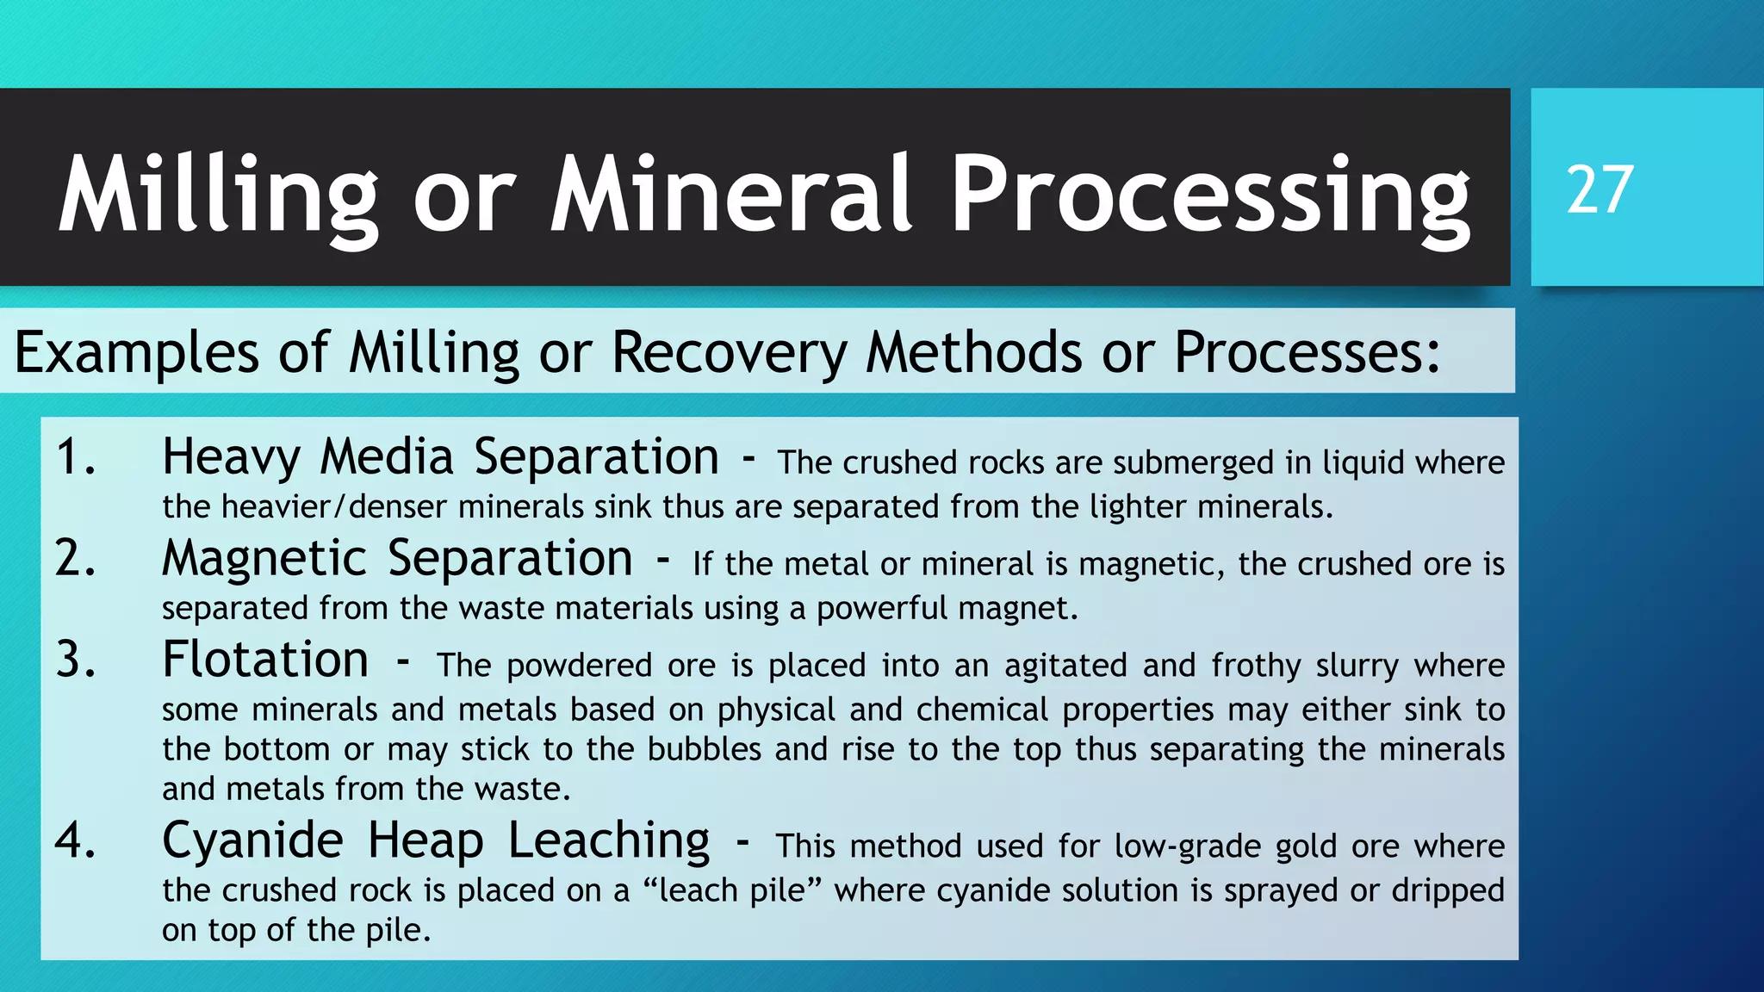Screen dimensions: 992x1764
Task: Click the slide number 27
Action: [x=1599, y=190]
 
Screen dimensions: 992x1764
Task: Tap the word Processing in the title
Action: [x=1210, y=196]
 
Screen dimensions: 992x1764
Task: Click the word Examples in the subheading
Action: [x=136, y=353]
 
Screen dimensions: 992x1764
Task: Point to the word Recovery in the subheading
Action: [x=729, y=353]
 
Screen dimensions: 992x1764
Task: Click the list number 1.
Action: [x=74, y=456]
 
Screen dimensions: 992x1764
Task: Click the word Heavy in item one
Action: [x=230, y=458]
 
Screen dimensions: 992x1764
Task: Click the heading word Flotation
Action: [x=265, y=660]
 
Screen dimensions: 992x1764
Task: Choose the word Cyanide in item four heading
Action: [x=252, y=841]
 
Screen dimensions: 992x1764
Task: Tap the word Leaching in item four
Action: [x=608, y=841]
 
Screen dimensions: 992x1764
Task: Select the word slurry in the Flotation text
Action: [x=1357, y=666]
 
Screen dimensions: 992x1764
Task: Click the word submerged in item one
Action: [x=1193, y=463]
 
